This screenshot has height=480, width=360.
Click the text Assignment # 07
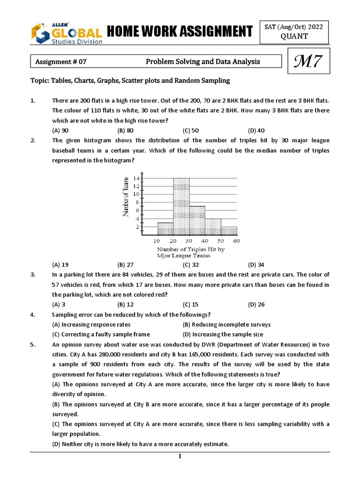[x=61, y=62]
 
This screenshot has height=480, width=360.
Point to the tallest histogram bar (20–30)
[x=181, y=206]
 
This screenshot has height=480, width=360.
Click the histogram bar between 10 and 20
[x=165, y=229]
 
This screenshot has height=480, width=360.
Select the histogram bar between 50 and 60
[x=229, y=231]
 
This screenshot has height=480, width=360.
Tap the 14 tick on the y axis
[x=136, y=179]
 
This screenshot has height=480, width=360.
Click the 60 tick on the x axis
[x=237, y=240]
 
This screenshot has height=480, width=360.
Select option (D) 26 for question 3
[x=256, y=304]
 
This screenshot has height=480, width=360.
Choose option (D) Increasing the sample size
[x=223, y=334]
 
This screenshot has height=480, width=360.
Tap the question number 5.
[x=33, y=345]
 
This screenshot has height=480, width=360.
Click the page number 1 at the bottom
[x=180, y=457]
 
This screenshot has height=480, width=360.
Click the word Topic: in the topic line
[x=40, y=81]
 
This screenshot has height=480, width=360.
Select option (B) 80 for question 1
[x=126, y=131]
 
